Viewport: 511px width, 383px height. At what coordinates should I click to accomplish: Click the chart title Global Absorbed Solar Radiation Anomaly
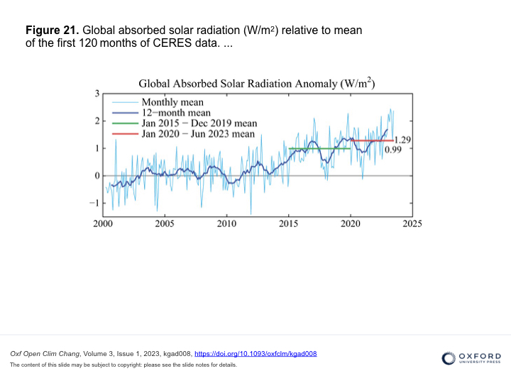click(256, 84)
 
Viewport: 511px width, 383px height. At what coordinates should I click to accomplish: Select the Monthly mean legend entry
click(172, 101)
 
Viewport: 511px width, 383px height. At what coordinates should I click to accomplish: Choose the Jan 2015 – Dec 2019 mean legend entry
click(198, 123)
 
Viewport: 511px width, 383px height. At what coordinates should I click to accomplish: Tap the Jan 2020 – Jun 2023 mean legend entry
click(198, 133)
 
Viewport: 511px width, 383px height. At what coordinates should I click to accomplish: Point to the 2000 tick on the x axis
click(103, 223)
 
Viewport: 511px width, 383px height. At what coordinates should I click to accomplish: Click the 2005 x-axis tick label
click(165, 223)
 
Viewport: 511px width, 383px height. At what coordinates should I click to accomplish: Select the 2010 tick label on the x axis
click(226, 223)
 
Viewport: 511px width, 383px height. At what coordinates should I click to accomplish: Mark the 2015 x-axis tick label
click(289, 223)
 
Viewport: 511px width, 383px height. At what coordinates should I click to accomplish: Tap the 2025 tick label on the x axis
click(412, 223)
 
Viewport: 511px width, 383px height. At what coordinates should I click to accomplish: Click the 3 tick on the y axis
click(97, 94)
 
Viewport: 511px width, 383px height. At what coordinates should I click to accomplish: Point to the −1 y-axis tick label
click(94, 203)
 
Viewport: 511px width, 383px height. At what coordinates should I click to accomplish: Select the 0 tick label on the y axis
click(97, 176)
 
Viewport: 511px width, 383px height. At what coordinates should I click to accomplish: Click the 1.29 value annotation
click(403, 140)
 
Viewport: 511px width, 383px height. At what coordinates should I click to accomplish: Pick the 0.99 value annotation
click(393, 150)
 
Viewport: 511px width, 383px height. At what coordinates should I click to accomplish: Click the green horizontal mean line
click(319, 148)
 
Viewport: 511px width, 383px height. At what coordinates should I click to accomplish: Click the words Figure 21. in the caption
click(53, 30)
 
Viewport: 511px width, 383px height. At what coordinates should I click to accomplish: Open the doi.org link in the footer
click(255, 354)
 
